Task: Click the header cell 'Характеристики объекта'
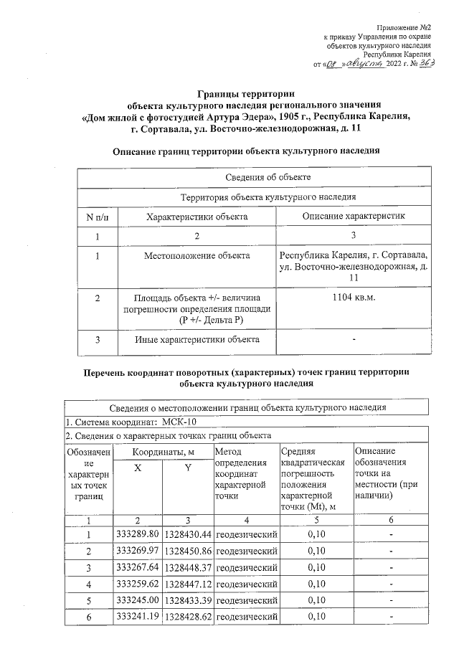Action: tap(197, 216)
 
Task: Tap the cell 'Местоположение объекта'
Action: tap(197, 255)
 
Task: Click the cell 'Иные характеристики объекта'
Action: tap(197, 339)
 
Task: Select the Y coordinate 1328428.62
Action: tap(187, 616)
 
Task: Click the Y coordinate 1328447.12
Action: tap(187, 584)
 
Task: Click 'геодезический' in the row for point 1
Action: tap(247, 534)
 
